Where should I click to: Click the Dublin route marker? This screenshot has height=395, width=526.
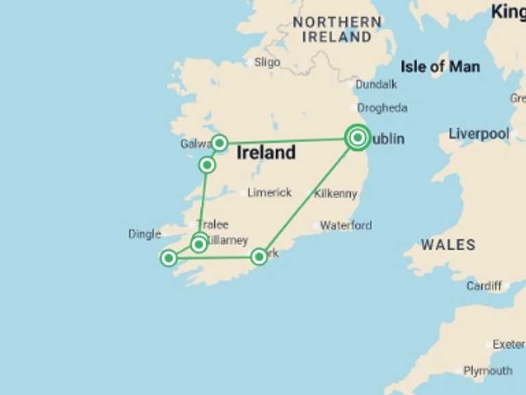point(358,139)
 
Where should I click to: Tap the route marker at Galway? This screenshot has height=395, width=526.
point(219,143)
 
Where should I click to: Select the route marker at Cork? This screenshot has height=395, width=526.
point(259,256)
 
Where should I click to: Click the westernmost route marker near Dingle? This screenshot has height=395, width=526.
point(168,258)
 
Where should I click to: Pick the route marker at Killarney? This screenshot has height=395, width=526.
point(199,243)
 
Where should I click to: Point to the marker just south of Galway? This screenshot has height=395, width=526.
point(207,165)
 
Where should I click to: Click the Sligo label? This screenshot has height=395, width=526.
point(267,62)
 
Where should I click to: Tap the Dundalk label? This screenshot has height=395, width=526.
point(376,85)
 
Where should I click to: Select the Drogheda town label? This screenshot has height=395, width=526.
point(382,108)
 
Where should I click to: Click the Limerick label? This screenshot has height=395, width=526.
point(269,193)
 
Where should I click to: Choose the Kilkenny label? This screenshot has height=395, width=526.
point(336,194)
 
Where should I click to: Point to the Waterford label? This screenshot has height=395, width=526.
point(346,225)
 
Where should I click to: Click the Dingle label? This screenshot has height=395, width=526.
point(145,234)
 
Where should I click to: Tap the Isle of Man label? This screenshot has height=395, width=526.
point(440,67)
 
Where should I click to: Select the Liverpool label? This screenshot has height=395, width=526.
point(479,134)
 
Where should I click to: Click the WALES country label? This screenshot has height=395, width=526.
point(448,245)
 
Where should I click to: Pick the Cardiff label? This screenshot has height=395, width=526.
point(484,285)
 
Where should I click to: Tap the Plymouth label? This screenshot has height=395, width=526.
point(488,371)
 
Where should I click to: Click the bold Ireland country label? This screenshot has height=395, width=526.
point(266,153)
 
